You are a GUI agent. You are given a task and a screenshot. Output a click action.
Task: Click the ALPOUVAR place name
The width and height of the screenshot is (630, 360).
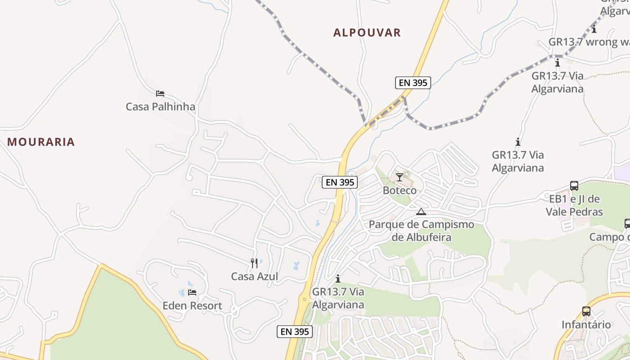click(x=367, y=32)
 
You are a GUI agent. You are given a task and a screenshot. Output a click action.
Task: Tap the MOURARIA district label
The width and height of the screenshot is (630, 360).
click(x=41, y=142)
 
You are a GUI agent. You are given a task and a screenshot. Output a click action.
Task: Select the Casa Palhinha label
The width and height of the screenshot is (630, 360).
click(x=160, y=107)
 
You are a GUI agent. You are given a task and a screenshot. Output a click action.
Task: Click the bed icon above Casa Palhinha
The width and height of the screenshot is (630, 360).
click(x=160, y=94)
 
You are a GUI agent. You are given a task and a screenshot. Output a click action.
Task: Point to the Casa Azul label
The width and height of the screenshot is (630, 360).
click(x=254, y=276)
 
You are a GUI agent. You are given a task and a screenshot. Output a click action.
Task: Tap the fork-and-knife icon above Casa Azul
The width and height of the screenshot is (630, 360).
click(x=254, y=263)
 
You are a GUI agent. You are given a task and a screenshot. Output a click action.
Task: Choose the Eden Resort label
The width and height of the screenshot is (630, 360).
click(x=192, y=306)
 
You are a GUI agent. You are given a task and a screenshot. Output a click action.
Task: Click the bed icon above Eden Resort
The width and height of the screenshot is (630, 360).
click(x=192, y=292)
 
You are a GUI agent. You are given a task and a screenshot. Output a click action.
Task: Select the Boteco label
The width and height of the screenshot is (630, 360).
click(x=400, y=190)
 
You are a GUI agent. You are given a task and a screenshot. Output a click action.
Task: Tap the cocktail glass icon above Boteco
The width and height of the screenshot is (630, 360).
click(x=399, y=177)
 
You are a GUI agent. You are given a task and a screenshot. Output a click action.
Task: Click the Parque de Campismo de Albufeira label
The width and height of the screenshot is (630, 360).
click(x=421, y=230)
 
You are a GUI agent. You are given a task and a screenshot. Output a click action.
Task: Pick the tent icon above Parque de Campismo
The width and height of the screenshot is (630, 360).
click(x=421, y=211)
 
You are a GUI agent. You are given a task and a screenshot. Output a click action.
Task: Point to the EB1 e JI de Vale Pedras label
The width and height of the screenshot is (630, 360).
click(x=574, y=205)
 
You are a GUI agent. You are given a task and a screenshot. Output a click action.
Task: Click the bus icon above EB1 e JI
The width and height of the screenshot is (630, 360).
click(x=574, y=186)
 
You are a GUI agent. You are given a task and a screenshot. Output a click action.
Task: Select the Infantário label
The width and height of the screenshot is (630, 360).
click(x=586, y=324)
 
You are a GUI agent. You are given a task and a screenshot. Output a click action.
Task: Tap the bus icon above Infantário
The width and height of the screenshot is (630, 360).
click(x=586, y=311)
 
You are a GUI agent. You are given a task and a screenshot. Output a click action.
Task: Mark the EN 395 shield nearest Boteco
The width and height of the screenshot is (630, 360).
click(x=340, y=182)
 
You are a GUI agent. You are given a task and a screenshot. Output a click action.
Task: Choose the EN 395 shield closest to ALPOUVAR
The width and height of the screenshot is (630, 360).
click(x=413, y=83)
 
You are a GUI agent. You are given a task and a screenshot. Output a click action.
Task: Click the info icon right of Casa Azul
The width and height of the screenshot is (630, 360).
click(x=338, y=279)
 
